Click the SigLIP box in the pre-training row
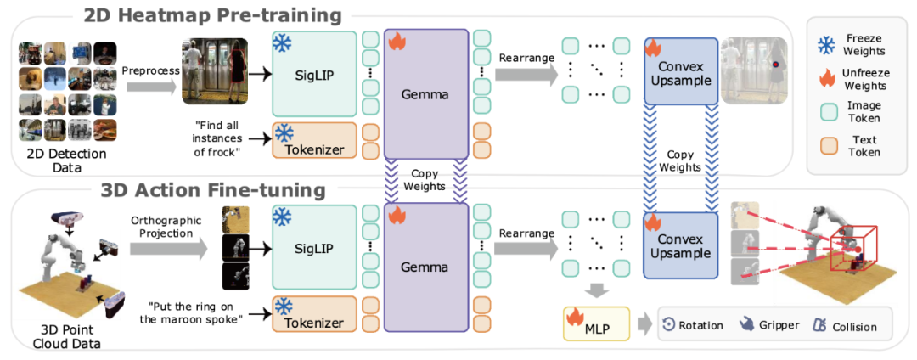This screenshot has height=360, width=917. click(x=314, y=75)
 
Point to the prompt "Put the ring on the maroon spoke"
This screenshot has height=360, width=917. click(x=198, y=312)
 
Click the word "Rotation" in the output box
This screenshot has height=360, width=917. click(x=700, y=325)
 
